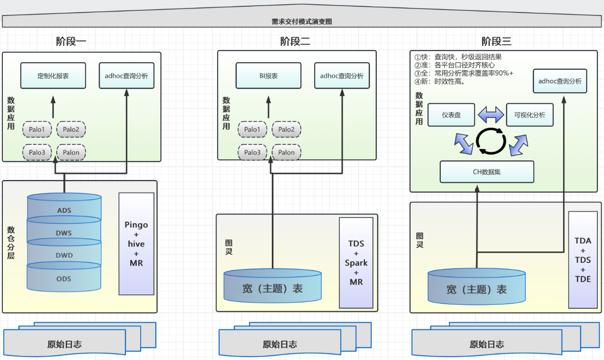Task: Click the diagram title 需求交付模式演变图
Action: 302,22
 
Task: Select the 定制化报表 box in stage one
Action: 53,75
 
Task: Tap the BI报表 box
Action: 268,75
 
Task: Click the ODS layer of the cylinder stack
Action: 64,279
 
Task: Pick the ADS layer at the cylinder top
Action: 64,210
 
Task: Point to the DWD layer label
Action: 64,255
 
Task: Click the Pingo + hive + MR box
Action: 136,243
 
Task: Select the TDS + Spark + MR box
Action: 356,263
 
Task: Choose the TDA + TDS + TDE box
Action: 583,260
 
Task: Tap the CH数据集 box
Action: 487,172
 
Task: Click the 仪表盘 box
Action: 451,115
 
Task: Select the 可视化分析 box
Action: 529,115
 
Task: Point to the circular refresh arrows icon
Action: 491,141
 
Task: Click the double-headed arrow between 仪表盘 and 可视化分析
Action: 491,115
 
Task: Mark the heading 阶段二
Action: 295,42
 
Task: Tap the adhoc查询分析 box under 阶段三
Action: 560,81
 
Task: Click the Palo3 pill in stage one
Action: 37,152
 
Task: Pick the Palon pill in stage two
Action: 286,152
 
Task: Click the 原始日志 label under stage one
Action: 64,344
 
